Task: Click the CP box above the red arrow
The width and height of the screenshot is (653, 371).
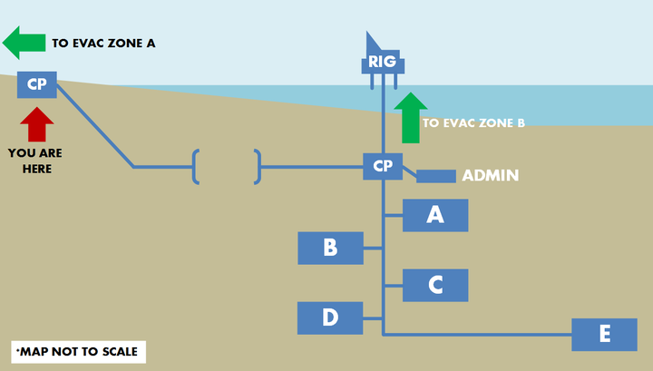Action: tap(37, 84)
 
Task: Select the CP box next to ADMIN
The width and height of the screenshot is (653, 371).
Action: tap(383, 166)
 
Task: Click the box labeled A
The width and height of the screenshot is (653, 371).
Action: tap(435, 215)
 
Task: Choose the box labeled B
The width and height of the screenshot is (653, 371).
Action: tap(330, 248)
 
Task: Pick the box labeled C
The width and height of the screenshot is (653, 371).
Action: tap(435, 285)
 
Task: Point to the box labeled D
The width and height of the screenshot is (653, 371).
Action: tap(330, 317)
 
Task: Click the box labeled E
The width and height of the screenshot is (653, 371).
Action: tap(604, 335)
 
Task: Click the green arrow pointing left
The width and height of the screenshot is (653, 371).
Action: tap(24, 42)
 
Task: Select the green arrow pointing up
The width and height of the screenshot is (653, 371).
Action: tap(411, 117)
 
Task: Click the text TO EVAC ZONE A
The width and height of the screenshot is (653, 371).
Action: tap(103, 43)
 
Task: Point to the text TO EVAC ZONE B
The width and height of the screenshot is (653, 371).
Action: tap(474, 122)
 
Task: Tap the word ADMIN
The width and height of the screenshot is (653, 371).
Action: tap(491, 175)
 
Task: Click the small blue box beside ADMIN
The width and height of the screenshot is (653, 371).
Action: tap(435, 176)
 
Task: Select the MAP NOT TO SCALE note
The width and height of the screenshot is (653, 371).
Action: tap(79, 352)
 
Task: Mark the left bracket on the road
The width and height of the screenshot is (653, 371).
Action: tap(196, 167)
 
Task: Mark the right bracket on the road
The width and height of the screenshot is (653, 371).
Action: tap(258, 167)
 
